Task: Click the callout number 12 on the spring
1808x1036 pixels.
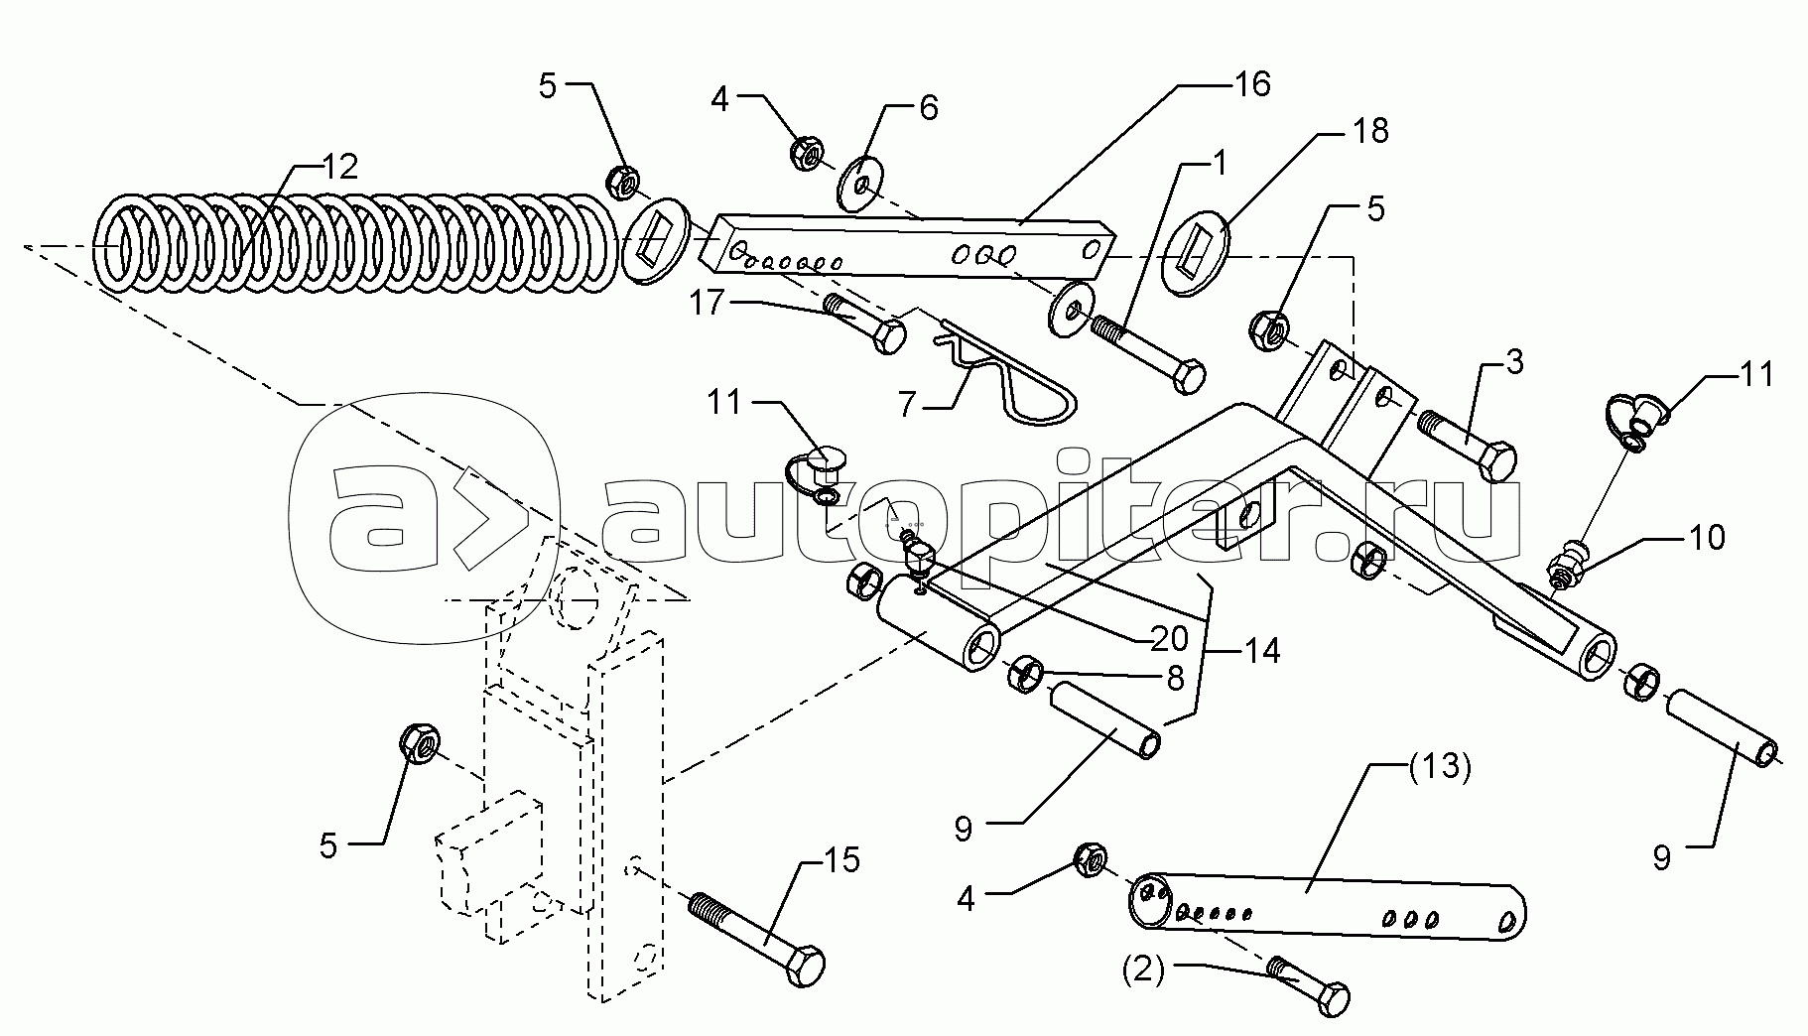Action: coord(339,167)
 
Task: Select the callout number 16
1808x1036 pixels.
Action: coord(1253,84)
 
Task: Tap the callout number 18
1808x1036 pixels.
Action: coord(1370,130)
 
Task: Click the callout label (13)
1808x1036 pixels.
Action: coord(1439,767)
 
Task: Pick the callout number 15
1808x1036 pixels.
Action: coord(841,859)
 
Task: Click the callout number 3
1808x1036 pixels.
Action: coord(1513,363)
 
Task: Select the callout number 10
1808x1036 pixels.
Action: coord(1707,537)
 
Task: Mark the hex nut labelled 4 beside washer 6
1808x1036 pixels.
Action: coord(806,153)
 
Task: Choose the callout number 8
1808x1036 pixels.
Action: coord(1175,678)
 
